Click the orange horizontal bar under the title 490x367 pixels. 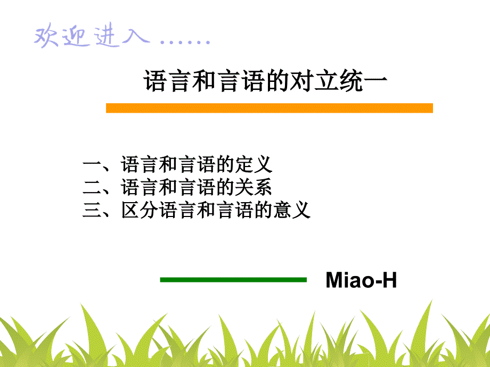pos(269,108)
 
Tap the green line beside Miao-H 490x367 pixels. pos(233,280)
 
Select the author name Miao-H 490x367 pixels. pos(361,280)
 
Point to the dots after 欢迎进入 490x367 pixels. pos(185,41)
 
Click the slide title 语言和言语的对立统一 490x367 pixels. pos(266,81)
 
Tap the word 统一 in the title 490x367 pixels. pos(363,81)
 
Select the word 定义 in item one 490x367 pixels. pos(254,164)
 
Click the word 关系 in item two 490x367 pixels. pos(253,187)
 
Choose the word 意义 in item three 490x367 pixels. pos(291,210)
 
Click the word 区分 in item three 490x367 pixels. pos(140,210)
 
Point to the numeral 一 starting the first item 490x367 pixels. pos(92,163)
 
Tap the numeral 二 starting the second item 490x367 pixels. pos(92,187)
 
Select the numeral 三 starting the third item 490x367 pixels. pos(92,210)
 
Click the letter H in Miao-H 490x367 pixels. pos(389,280)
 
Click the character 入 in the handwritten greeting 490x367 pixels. pos(136,35)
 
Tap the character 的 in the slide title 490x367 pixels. pos(278,81)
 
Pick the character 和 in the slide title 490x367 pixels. pos(204,81)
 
